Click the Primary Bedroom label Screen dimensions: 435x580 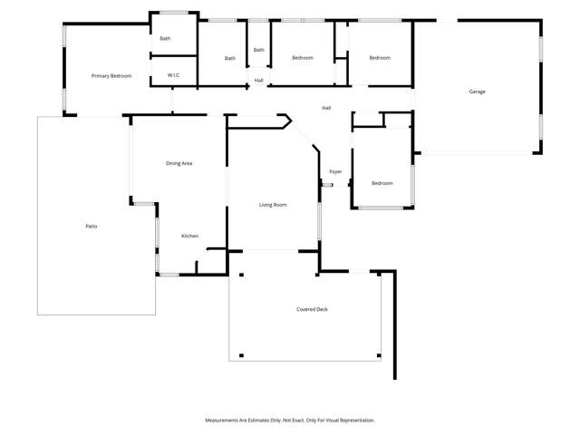point(111,76)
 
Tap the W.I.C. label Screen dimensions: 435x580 point(174,75)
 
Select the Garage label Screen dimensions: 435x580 point(477,92)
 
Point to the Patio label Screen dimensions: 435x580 point(92,226)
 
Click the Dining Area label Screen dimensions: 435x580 point(179,163)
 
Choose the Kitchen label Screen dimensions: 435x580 point(189,236)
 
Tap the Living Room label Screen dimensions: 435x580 point(273,205)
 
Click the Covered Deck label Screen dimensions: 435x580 point(312,309)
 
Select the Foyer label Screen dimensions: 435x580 point(335,171)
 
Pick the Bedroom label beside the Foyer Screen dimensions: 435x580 point(382,183)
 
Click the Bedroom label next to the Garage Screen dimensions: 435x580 point(380,58)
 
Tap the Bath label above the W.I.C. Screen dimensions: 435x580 point(165,38)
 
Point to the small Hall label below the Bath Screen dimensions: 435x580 point(259,81)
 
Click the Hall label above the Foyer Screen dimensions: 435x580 point(326,108)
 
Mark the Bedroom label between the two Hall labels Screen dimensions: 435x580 point(303,58)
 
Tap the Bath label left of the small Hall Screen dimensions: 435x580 point(230,58)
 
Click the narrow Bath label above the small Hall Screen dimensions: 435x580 point(259,50)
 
